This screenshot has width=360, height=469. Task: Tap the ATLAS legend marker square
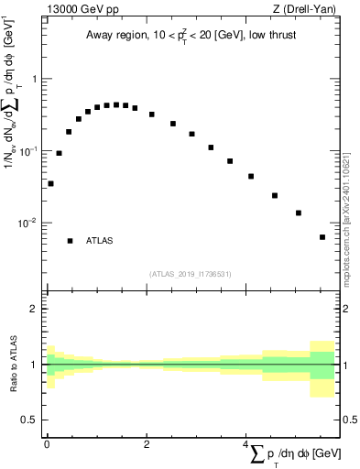70,241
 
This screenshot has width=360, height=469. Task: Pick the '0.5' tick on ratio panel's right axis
348,420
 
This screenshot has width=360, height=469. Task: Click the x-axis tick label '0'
47,443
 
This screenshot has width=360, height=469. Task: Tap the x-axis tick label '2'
146,443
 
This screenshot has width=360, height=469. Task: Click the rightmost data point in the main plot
322,237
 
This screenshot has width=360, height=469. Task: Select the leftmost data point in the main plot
50,183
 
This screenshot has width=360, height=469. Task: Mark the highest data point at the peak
115,104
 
